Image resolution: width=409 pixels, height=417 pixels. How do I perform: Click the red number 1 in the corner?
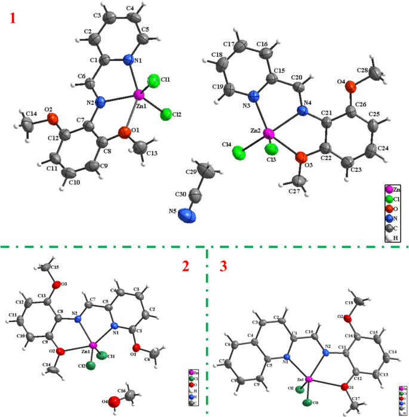coord(13,18)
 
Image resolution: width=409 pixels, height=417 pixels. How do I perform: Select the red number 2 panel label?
coord(185,266)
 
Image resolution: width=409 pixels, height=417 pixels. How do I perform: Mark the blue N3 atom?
coord(253,97)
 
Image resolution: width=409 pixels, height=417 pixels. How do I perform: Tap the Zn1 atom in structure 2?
coord(93,345)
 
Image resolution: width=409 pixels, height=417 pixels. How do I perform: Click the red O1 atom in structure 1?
coord(124,131)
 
